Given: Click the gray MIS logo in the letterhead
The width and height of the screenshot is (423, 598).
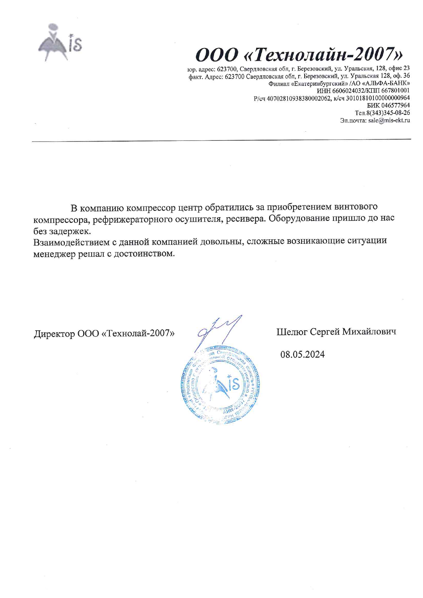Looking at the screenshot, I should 59,42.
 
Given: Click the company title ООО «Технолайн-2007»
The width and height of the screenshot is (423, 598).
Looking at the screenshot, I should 299,54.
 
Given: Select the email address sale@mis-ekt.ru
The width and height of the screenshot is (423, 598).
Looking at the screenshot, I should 389,120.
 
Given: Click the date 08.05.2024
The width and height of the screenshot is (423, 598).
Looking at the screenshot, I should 303,355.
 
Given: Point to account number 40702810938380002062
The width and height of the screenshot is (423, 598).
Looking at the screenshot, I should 299,98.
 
